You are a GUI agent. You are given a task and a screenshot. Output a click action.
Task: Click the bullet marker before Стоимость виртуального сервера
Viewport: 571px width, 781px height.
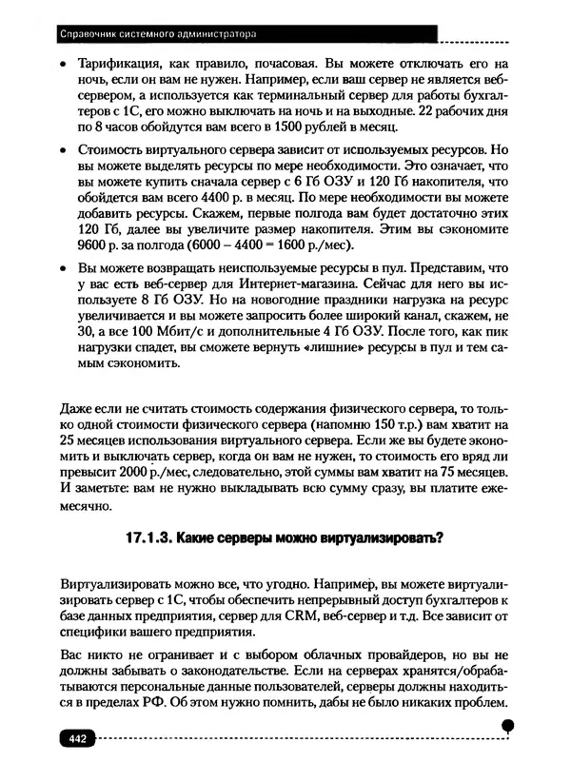(63, 151)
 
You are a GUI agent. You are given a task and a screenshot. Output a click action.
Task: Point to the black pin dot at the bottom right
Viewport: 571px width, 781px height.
(508, 726)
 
